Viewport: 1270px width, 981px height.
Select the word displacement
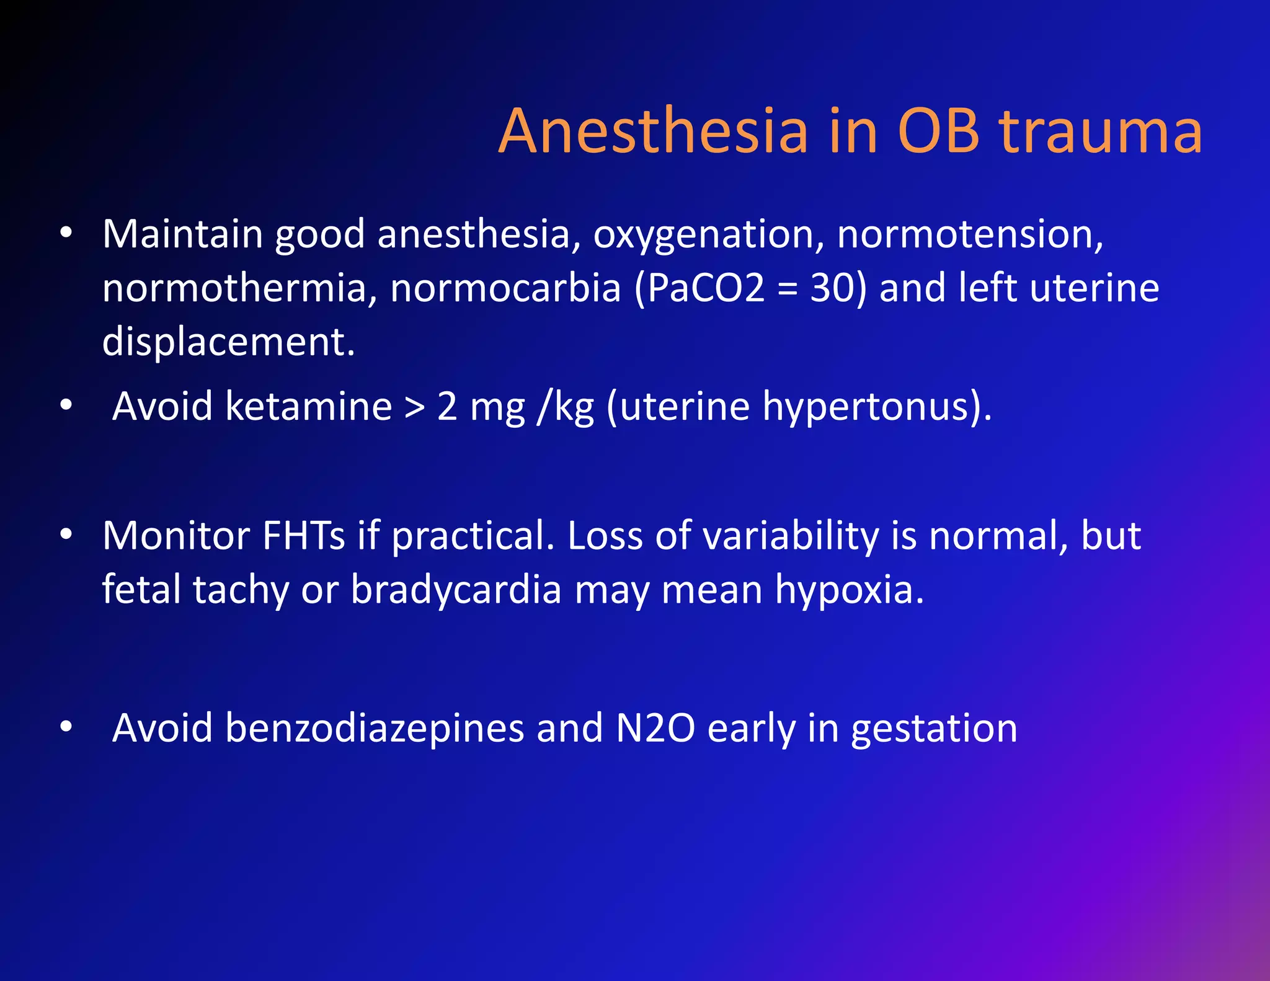[228, 342]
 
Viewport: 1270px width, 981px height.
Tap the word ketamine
[308, 406]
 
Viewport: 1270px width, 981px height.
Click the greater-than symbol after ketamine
[414, 407]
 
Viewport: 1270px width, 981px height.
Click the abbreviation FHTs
[303, 535]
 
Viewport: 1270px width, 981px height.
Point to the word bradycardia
[456, 589]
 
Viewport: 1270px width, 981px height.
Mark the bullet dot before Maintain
[66, 234]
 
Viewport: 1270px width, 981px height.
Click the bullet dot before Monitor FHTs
[66, 534]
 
